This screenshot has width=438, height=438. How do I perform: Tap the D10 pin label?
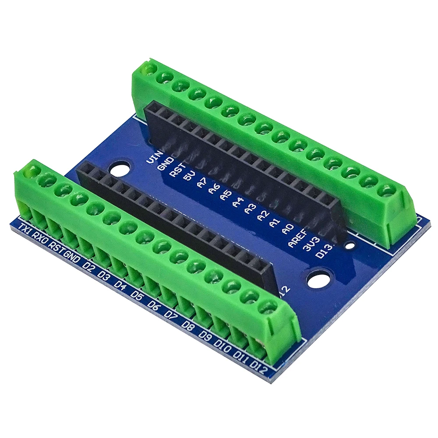pyautogui.click(x=223, y=347)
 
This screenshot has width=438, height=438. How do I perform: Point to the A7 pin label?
pyautogui.click(x=201, y=184)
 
